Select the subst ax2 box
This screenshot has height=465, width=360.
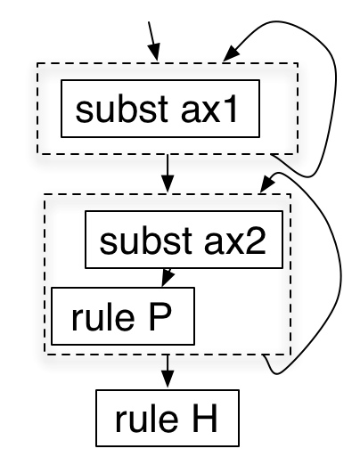tap(184, 241)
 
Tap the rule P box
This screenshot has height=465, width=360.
tap(123, 315)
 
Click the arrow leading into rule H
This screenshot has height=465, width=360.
tap(168, 372)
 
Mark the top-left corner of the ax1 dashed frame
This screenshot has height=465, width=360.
tap(37, 65)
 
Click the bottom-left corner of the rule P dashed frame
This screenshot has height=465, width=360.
tap(45, 355)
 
